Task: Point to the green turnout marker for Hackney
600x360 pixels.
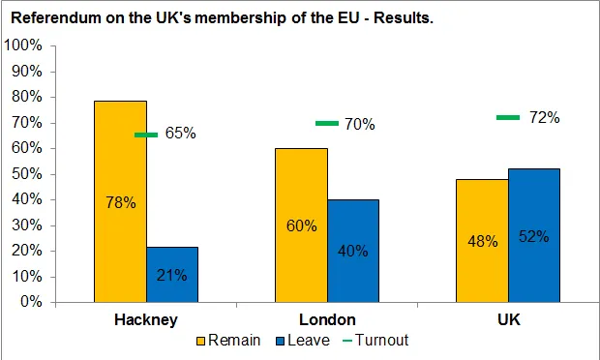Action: [146, 135]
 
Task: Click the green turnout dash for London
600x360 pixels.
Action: [327, 123]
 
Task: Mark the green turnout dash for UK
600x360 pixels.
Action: [508, 117]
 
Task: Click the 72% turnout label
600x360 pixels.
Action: [545, 117]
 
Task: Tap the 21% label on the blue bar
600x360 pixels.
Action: [172, 275]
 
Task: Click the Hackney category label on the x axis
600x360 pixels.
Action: [145, 319]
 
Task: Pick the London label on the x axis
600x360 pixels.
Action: [327, 319]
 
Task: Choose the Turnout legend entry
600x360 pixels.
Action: [371, 340]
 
